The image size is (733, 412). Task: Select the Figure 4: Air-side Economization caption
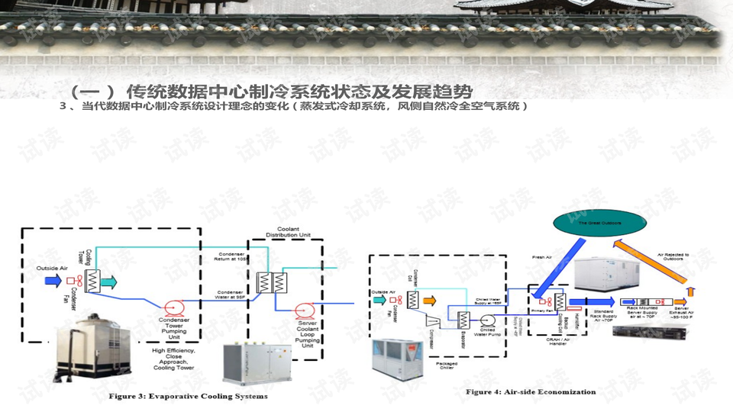531,392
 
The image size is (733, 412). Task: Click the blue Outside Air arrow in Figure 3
53,280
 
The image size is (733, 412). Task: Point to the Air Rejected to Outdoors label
673,256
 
